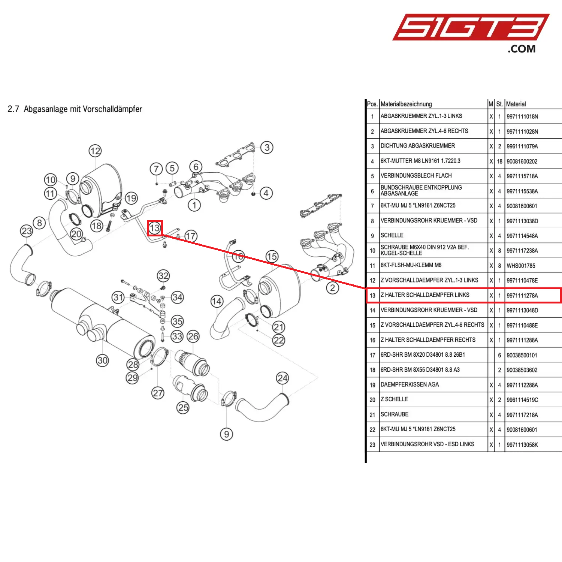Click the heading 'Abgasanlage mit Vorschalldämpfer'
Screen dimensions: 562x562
tap(83, 109)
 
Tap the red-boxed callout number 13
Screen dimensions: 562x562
tap(155, 228)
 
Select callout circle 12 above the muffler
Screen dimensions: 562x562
tap(95, 151)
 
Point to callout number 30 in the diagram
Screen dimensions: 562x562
tap(102, 360)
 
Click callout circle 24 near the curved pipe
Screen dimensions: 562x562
tap(282, 378)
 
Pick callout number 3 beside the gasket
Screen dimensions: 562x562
tap(267, 147)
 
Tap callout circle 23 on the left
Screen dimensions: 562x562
tap(27, 231)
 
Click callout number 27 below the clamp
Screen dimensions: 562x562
tap(158, 393)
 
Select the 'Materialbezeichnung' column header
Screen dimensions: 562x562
tap(406, 104)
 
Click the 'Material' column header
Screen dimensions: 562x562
tap(516, 104)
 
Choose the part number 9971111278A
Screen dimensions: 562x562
tap(522, 296)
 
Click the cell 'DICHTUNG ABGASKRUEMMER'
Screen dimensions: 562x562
tap(418, 146)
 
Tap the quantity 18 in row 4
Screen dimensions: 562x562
tap(500, 161)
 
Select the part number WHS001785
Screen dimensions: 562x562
tap(521, 266)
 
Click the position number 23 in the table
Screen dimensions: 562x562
tap(372, 445)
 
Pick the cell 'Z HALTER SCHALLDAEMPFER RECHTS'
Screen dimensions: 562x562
tap(428, 340)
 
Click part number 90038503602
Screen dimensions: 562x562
tap(522, 370)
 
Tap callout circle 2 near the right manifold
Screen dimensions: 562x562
tap(332, 288)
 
